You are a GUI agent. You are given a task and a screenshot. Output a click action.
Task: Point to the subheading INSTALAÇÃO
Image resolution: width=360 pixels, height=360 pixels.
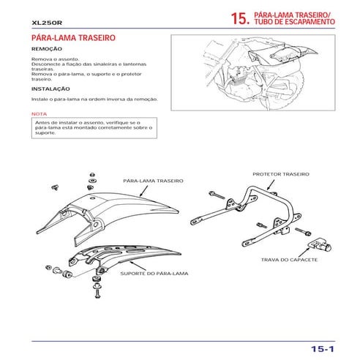50,89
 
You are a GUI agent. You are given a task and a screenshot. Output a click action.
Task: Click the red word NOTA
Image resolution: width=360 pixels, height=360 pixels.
40,114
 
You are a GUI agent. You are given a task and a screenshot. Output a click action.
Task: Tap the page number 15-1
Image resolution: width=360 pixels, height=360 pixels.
321,329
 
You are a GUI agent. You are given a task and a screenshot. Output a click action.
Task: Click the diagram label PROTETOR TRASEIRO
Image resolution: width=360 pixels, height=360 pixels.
281,175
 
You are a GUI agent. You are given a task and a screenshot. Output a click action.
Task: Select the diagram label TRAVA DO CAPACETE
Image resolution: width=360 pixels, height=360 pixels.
288,259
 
